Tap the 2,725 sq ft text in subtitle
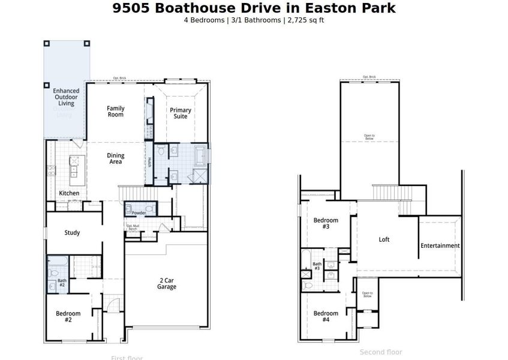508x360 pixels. pos(306,20)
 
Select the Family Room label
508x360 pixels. pos(116,112)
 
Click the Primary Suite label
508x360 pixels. pos(181,113)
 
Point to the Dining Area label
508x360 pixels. pos(116,159)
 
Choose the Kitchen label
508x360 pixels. pos(69,193)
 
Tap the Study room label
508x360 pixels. pos(72,233)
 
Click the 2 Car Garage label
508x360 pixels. pos(167,284)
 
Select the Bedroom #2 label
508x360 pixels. pos(68,317)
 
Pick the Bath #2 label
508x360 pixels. pos(62,283)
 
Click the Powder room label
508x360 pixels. pos(139,213)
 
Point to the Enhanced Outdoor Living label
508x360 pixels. pos(66,97)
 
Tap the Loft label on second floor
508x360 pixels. pos(384,239)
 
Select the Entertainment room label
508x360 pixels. pos(440,245)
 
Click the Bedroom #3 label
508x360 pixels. pos(326,224)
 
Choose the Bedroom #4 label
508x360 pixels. pos(326,317)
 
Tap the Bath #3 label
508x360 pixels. pos(317,266)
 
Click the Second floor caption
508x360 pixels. pos(381,352)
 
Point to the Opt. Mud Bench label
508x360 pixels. pos(133,227)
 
